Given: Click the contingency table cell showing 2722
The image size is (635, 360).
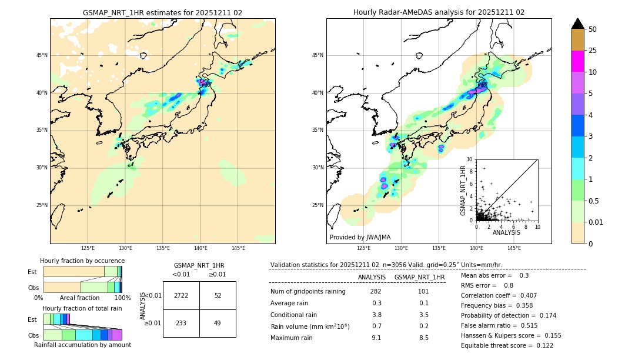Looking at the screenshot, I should pos(181,295).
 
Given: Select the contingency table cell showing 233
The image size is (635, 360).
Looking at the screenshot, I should pos(181,323).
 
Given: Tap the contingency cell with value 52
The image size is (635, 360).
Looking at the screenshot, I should pos(218,295).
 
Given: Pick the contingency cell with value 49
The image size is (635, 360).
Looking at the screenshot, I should pos(218,323).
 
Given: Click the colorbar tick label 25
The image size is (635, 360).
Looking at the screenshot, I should pos(593,51).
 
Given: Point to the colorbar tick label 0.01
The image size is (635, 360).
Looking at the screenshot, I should pos(596,222).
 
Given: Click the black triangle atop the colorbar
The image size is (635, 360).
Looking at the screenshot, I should pos(578,24).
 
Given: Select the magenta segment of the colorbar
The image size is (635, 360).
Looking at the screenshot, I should pos(578,61).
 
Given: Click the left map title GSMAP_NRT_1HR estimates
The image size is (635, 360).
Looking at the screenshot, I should pos(162,12).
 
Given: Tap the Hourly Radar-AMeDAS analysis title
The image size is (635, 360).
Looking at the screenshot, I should pos(439,12).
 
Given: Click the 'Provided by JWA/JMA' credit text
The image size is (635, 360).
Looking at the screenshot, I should pos(360,237).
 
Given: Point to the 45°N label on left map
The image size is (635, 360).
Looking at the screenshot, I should pos(42,55).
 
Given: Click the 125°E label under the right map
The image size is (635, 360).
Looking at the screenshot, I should pos(364,248).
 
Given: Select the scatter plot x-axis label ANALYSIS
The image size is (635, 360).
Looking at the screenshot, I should pos(506,232).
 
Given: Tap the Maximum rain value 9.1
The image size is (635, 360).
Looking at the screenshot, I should pos(376,338).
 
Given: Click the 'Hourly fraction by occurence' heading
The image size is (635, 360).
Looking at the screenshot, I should pos(82,261).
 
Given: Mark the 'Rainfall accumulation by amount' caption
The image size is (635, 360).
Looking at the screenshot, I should pos(82,345).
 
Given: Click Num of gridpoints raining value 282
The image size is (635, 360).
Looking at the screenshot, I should pos(376,291).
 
